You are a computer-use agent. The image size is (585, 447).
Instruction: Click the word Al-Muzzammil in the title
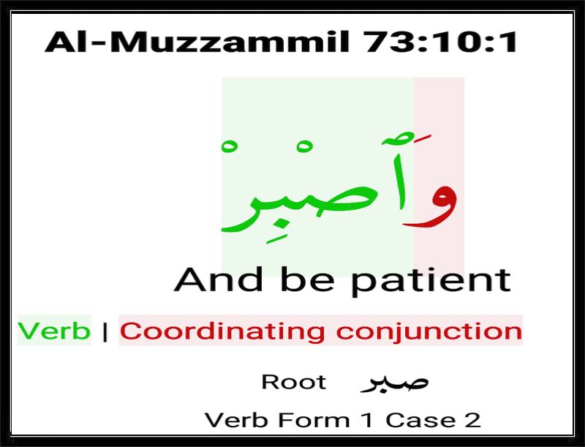tap(197, 42)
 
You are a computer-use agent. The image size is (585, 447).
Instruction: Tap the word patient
tap(431, 282)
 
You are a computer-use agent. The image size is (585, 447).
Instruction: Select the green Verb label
tap(54, 331)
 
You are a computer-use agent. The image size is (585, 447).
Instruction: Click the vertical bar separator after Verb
tap(105, 331)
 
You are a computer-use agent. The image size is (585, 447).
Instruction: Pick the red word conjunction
tap(429, 331)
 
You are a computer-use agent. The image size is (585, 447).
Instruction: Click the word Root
tap(294, 382)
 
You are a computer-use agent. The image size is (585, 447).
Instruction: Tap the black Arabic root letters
tap(394, 383)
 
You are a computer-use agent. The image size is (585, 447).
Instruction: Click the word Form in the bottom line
tap(314, 420)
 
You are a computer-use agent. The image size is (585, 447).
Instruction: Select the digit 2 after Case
tap(472, 420)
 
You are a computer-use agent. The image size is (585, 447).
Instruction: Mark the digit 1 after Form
tap(368, 420)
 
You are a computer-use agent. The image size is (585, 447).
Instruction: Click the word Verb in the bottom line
tap(236, 420)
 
